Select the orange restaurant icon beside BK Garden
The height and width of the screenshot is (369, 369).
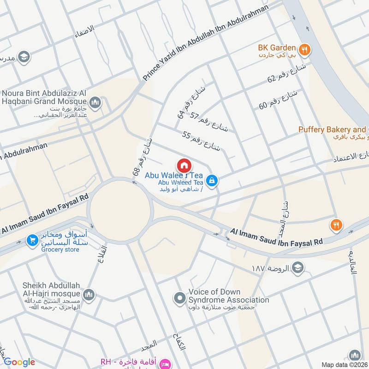(x=304, y=48)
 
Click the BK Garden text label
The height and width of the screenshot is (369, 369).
(x=277, y=48)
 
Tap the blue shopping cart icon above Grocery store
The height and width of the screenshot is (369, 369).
(x=32, y=240)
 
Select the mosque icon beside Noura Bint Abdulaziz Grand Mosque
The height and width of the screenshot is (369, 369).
(x=95, y=102)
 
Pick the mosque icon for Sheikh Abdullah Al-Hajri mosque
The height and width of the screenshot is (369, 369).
(x=89, y=294)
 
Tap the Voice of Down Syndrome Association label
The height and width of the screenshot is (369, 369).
(x=228, y=296)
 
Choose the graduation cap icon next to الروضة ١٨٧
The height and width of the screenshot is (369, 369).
(x=298, y=268)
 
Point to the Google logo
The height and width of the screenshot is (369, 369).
(x=19, y=362)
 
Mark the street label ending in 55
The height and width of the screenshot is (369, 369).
(x=202, y=141)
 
